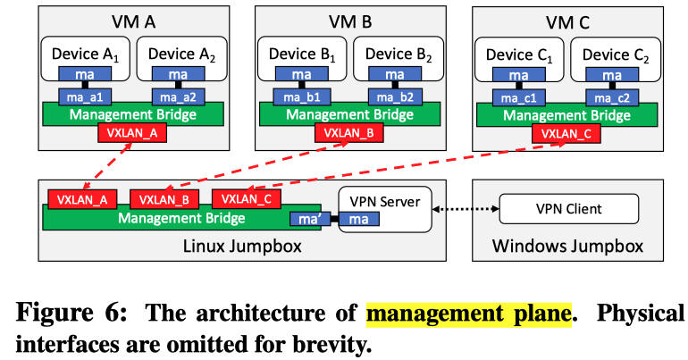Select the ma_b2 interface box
pyautogui.click(x=390, y=96)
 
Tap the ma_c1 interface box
pyautogui.click(x=518, y=96)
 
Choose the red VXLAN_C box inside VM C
pyautogui.click(x=566, y=134)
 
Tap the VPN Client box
pyautogui.click(x=568, y=209)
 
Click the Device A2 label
pyautogui.click(x=183, y=55)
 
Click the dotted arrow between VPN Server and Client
pyautogui.click(x=465, y=209)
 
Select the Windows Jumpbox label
pyautogui.click(x=568, y=245)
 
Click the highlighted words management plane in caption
pyautogui.click(x=468, y=313)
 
